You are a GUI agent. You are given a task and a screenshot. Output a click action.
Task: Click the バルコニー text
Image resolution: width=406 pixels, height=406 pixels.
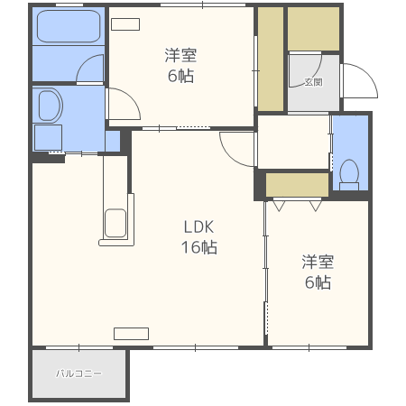pyautogui.click(x=78, y=373)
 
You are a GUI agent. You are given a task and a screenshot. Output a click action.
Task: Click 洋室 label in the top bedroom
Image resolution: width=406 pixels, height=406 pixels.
pyautogui.click(x=180, y=54)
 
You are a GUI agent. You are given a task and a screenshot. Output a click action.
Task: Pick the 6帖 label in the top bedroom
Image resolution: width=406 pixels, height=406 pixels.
pyautogui.click(x=180, y=75)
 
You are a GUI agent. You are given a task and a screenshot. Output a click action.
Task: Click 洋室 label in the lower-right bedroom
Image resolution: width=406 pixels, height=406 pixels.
pyautogui.click(x=317, y=262)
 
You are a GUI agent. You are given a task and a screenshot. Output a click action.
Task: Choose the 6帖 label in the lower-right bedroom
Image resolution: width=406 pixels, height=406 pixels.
pyautogui.click(x=317, y=282)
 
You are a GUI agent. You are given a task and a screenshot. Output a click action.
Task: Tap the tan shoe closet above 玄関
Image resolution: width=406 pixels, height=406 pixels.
pyautogui.click(x=313, y=30)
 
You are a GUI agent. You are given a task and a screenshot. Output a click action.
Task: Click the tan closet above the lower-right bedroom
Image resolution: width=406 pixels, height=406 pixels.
pyautogui.click(x=297, y=185)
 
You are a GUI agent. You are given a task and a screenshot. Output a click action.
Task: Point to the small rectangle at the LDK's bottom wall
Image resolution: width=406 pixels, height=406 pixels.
pyautogui.click(x=131, y=333)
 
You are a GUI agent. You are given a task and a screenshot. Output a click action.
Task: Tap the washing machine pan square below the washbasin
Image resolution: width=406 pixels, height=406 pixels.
pyautogui.click(x=47, y=137)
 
